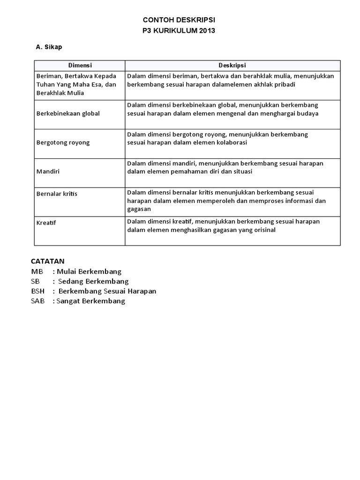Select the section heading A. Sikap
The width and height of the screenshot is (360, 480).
(49, 47)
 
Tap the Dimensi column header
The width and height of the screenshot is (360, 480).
(80, 66)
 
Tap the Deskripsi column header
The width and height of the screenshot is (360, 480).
(232, 66)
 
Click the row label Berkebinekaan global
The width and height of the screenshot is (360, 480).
(68, 113)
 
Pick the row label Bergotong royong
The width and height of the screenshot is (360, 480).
(63, 142)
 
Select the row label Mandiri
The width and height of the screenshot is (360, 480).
(48, 172)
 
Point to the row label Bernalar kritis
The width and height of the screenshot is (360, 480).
(57, 194)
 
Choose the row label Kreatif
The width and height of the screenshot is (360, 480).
(46, 223)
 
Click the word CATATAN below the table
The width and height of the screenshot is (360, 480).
(48, 261)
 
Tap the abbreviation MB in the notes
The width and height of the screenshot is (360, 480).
(37, 271)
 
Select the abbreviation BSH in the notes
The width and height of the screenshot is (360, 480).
(38, 291)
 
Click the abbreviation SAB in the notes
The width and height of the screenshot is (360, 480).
(38, 301)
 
